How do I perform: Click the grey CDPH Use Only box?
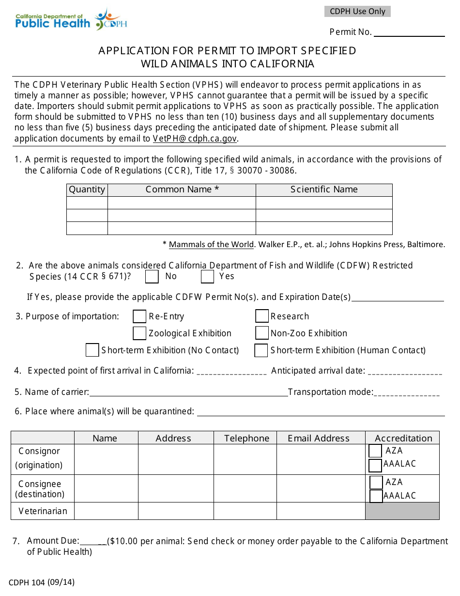click(357, 12)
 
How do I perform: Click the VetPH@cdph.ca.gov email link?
click(195, 139)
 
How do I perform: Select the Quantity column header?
click(87, 189)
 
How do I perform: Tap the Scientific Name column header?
click(324, 189)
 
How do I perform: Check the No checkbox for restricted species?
click(152, 277)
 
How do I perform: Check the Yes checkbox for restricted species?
click(208, 277)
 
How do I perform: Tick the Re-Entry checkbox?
click(139, 316)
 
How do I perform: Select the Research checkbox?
click(262, 316)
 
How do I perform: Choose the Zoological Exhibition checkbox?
click(139, 333)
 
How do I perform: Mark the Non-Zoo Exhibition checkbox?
click(262, 333)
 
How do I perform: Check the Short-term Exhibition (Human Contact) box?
click(261, 350)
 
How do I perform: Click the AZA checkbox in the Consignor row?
click(375, 451)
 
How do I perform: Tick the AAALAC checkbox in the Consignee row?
click(376, 496)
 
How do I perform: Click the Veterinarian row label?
click(43, 511)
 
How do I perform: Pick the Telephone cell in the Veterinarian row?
click(245, 511)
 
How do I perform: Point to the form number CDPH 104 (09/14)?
click(42, 582)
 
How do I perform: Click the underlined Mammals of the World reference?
click(211, 245)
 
